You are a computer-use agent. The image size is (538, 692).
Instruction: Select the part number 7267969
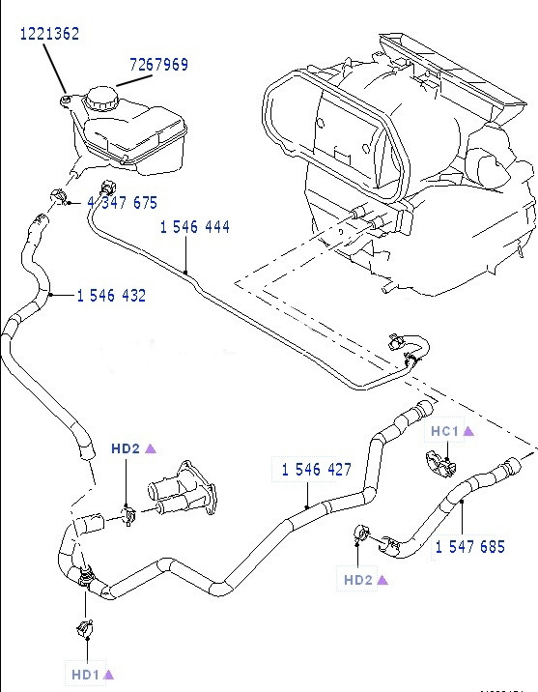tap(159, 66)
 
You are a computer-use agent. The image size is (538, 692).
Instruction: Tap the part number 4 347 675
tap(123, 203)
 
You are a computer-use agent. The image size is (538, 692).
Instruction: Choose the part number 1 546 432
tap(111, 296)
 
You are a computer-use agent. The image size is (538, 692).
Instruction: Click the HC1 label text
tap(443, 431)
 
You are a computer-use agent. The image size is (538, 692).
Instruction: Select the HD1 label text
tap(84, 674)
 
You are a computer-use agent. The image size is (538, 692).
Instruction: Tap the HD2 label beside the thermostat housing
tap(126, 448)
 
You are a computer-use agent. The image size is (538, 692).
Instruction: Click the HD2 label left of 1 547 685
tap(359, 580)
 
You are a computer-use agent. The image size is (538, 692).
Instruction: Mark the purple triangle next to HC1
tap(468, 431)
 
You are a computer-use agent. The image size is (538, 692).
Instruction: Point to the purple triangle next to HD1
tap(109, 674)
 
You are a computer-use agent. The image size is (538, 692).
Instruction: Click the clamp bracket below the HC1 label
tap(439, 464)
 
